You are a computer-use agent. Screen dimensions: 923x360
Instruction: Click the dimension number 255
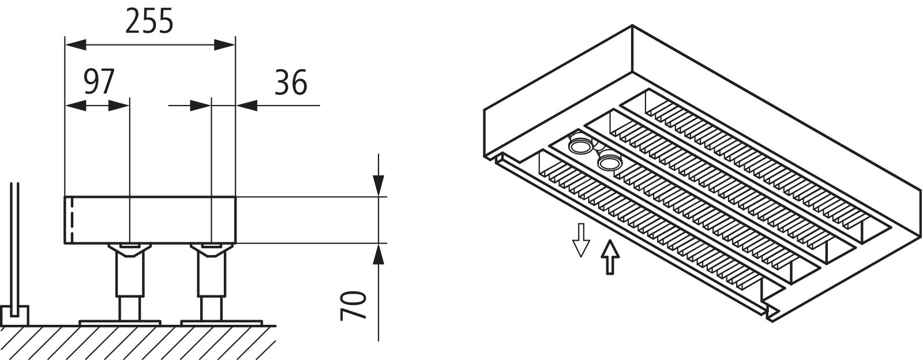(x=149, y=21)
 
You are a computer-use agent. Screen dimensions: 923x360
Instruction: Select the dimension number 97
(x=99, y=82)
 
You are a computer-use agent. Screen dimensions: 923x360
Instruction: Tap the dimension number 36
(x=291, y=82)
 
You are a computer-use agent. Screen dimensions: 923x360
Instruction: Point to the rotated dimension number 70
(x=354, y=305)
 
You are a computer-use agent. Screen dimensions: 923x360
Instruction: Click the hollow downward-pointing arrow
(x=581, y=240)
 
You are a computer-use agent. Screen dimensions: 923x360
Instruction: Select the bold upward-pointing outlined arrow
(x=610, y=257)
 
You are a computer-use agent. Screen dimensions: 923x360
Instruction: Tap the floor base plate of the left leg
(x=119, y=322)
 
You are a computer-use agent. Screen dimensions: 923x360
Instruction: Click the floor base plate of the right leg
(x=222, y=322)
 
